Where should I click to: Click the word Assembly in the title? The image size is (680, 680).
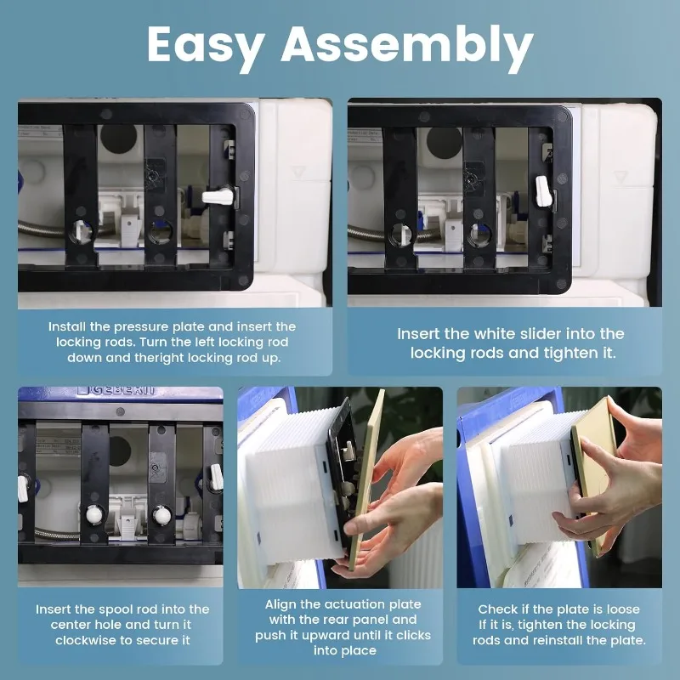pyautogui.click(x=407, y=47)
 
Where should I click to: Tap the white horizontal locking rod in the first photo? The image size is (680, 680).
pyautogui.click(x=218, y=196)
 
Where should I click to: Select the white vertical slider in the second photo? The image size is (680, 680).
pyautogui.click(x=543, y=191)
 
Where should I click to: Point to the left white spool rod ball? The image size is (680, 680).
pyautogui.click(x=94, y=515)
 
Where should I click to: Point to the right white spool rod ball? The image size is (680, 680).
pyautogui.click(x=161, y=515)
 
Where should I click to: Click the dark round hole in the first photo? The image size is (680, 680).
pyautogui.click(x=118, y=139)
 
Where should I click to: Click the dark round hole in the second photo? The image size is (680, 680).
pyautogui.click(x=444, y=141)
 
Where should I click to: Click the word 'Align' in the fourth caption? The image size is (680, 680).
pyautogui.click(x=280, y=604)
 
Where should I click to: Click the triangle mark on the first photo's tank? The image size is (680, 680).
pyautogui.click(x=298, y=173)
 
